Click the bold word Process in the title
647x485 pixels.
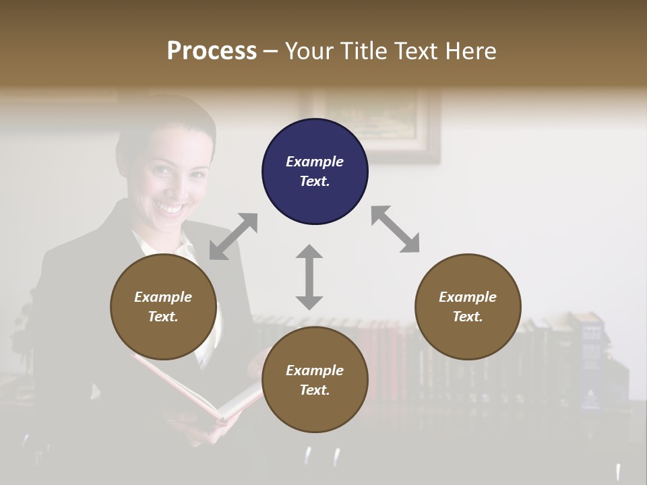(212, 51)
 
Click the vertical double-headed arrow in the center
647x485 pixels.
(309, 277)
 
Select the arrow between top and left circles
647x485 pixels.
(233, 236)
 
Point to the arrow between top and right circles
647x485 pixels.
(395, 229)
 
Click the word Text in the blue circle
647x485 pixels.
(314, 181)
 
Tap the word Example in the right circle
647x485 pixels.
(468, 297)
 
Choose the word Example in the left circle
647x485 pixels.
(163, 297)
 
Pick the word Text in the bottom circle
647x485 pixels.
(314, 390)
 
